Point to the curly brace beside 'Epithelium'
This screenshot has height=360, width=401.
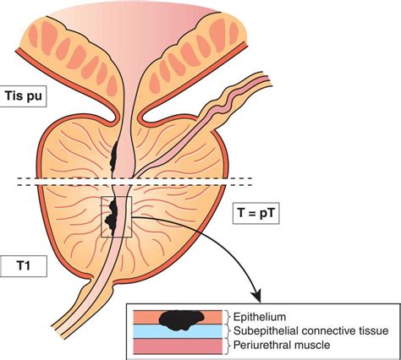click(228, 316)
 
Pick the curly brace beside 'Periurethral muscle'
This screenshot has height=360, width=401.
click(228, 345)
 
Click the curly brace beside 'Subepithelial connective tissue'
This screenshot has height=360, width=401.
click(228, 330)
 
